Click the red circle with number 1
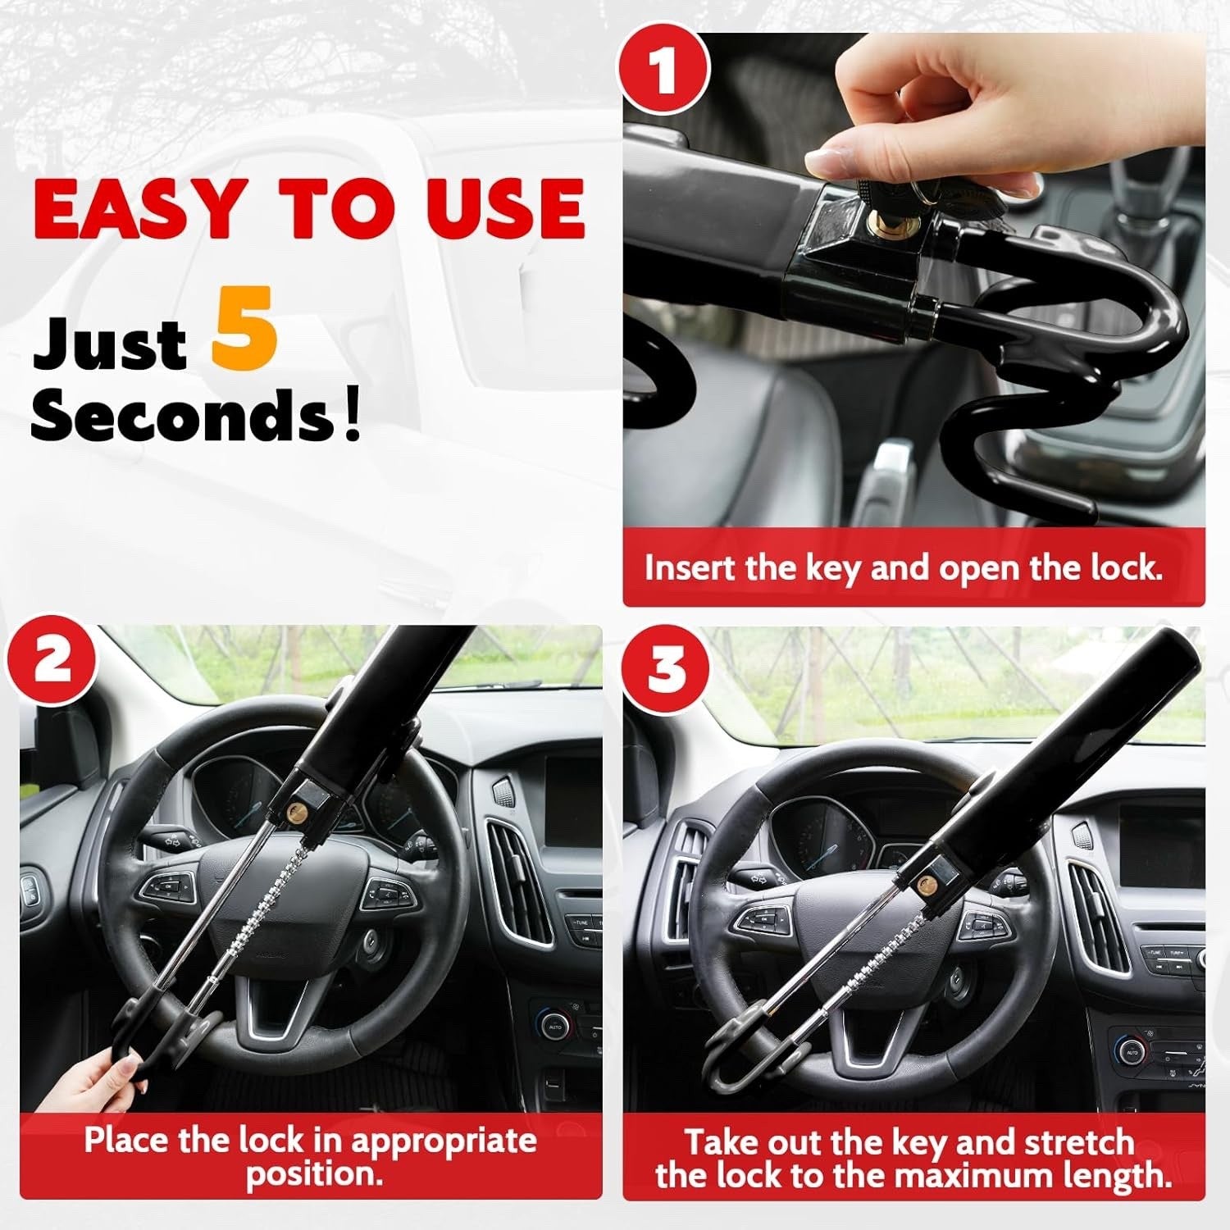point(663,71)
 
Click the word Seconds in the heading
point(182,415)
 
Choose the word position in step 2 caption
point(314,1174)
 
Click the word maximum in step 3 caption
point(975,1177)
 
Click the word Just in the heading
point(109,343)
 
